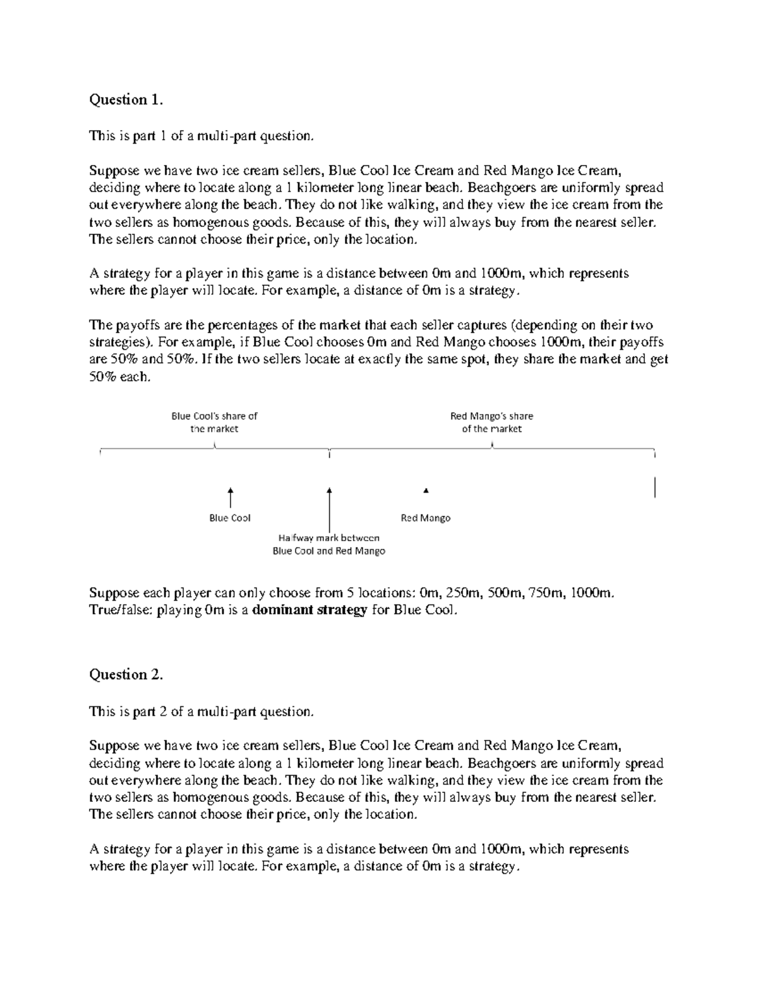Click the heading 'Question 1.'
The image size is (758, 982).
pyautogui.click(x=126, y=99)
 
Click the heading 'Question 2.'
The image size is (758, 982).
pyautogui.click(x=126, y=675)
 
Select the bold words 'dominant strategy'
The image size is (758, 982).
pyautogui.click(x=310, y=610)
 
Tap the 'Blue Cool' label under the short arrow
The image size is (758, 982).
pyautogui.click(x=230, y=518)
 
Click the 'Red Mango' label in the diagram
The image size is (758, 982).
pyautogui.click(x=426, y=518)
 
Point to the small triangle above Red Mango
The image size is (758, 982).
pyautogui.click(x=426, y=491)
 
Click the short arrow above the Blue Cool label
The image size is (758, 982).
pyautogui.click(x=231, y=498)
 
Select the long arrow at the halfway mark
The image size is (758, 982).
pyautogui.click(x=330, y=509)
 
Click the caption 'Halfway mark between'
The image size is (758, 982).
pyautogui.click(x=329, y=538)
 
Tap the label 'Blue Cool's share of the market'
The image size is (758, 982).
pyautogui.click(x=215, y=422)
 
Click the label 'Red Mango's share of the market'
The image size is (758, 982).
pyautogui.click(x=491, y=422)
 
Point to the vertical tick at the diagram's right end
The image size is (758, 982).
pyautogui.click(x=655, y=488)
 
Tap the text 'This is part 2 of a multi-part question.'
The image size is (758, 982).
pyautogui.click(x=201, y=711)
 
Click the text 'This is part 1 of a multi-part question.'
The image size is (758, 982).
pyautogui.click(x=201, y=136)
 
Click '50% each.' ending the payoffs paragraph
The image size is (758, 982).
pyautogui.click(x=120, y=377)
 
